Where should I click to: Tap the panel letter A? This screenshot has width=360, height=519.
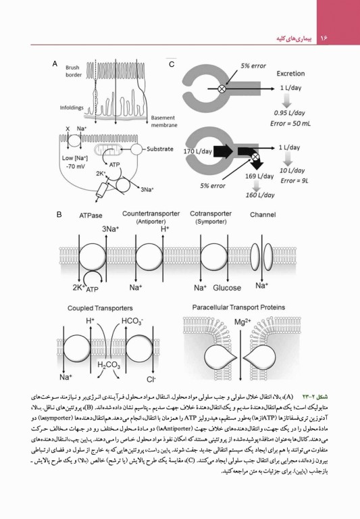coord(54,64)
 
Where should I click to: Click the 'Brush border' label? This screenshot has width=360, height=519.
coord(74,72)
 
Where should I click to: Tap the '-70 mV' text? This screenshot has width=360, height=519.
coord(70,166)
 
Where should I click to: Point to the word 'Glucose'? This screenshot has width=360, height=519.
coord(226,287)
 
